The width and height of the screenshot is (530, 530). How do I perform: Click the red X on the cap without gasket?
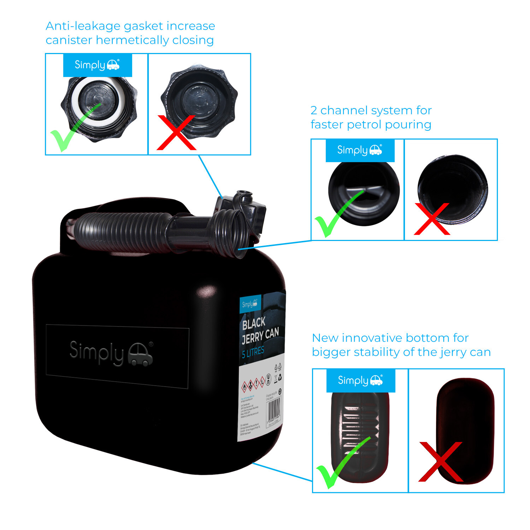(x=176, y=133)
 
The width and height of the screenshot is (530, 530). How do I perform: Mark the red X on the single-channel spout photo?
(x=432, y=219)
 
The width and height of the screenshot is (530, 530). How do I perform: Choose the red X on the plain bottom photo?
(x=440, y=461)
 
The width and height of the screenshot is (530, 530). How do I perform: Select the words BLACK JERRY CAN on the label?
(x=260, y=330)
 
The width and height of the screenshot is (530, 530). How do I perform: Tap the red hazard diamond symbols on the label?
(x=253, y=384)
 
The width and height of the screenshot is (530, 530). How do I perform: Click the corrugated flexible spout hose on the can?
(x=124, y=230)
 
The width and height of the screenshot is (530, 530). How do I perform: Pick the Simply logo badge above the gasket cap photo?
(x=97, y=65)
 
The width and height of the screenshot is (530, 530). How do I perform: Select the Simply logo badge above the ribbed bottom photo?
(x=360, y=381)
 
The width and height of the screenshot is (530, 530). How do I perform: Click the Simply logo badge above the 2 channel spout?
(x=360, y=151)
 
